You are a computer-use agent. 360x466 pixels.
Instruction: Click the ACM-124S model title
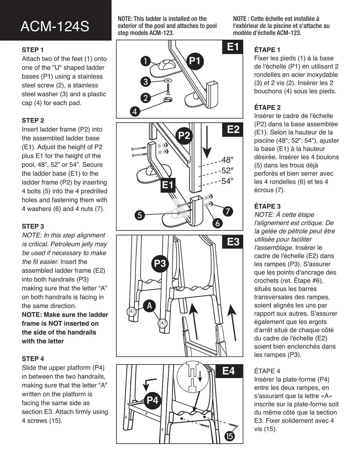[x=55, y=27]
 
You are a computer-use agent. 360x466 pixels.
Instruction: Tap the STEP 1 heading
[x=33, y=50]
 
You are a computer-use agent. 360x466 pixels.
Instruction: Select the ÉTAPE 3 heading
[x=267, y=206]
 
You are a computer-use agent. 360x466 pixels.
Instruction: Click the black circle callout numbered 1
[x=145, y=61]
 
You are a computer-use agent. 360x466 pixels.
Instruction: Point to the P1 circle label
[x=195, y=61]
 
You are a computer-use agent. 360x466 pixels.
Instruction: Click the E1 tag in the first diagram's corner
[x=233, y=47]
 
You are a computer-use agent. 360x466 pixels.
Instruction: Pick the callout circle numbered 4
[x=135, y=112]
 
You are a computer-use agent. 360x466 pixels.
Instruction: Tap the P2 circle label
[x=184, y=135]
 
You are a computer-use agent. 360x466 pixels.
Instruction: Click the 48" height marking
[x=227, y=160]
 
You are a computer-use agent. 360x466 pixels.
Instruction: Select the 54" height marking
[x=227, y=181]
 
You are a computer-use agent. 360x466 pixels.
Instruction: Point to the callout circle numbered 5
[x=140, y=215]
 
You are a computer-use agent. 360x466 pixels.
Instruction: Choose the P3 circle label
[x=160, y=264]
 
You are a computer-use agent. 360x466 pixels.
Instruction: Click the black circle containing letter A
[x=149, y=306]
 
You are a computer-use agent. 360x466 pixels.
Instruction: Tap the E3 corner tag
[x=233, y=242]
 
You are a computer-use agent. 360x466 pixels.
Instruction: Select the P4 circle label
[x=152, y=400]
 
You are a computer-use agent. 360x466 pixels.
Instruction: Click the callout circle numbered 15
[x=229, y=436]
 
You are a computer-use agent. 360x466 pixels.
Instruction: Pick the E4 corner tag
[x=229, y=371]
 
